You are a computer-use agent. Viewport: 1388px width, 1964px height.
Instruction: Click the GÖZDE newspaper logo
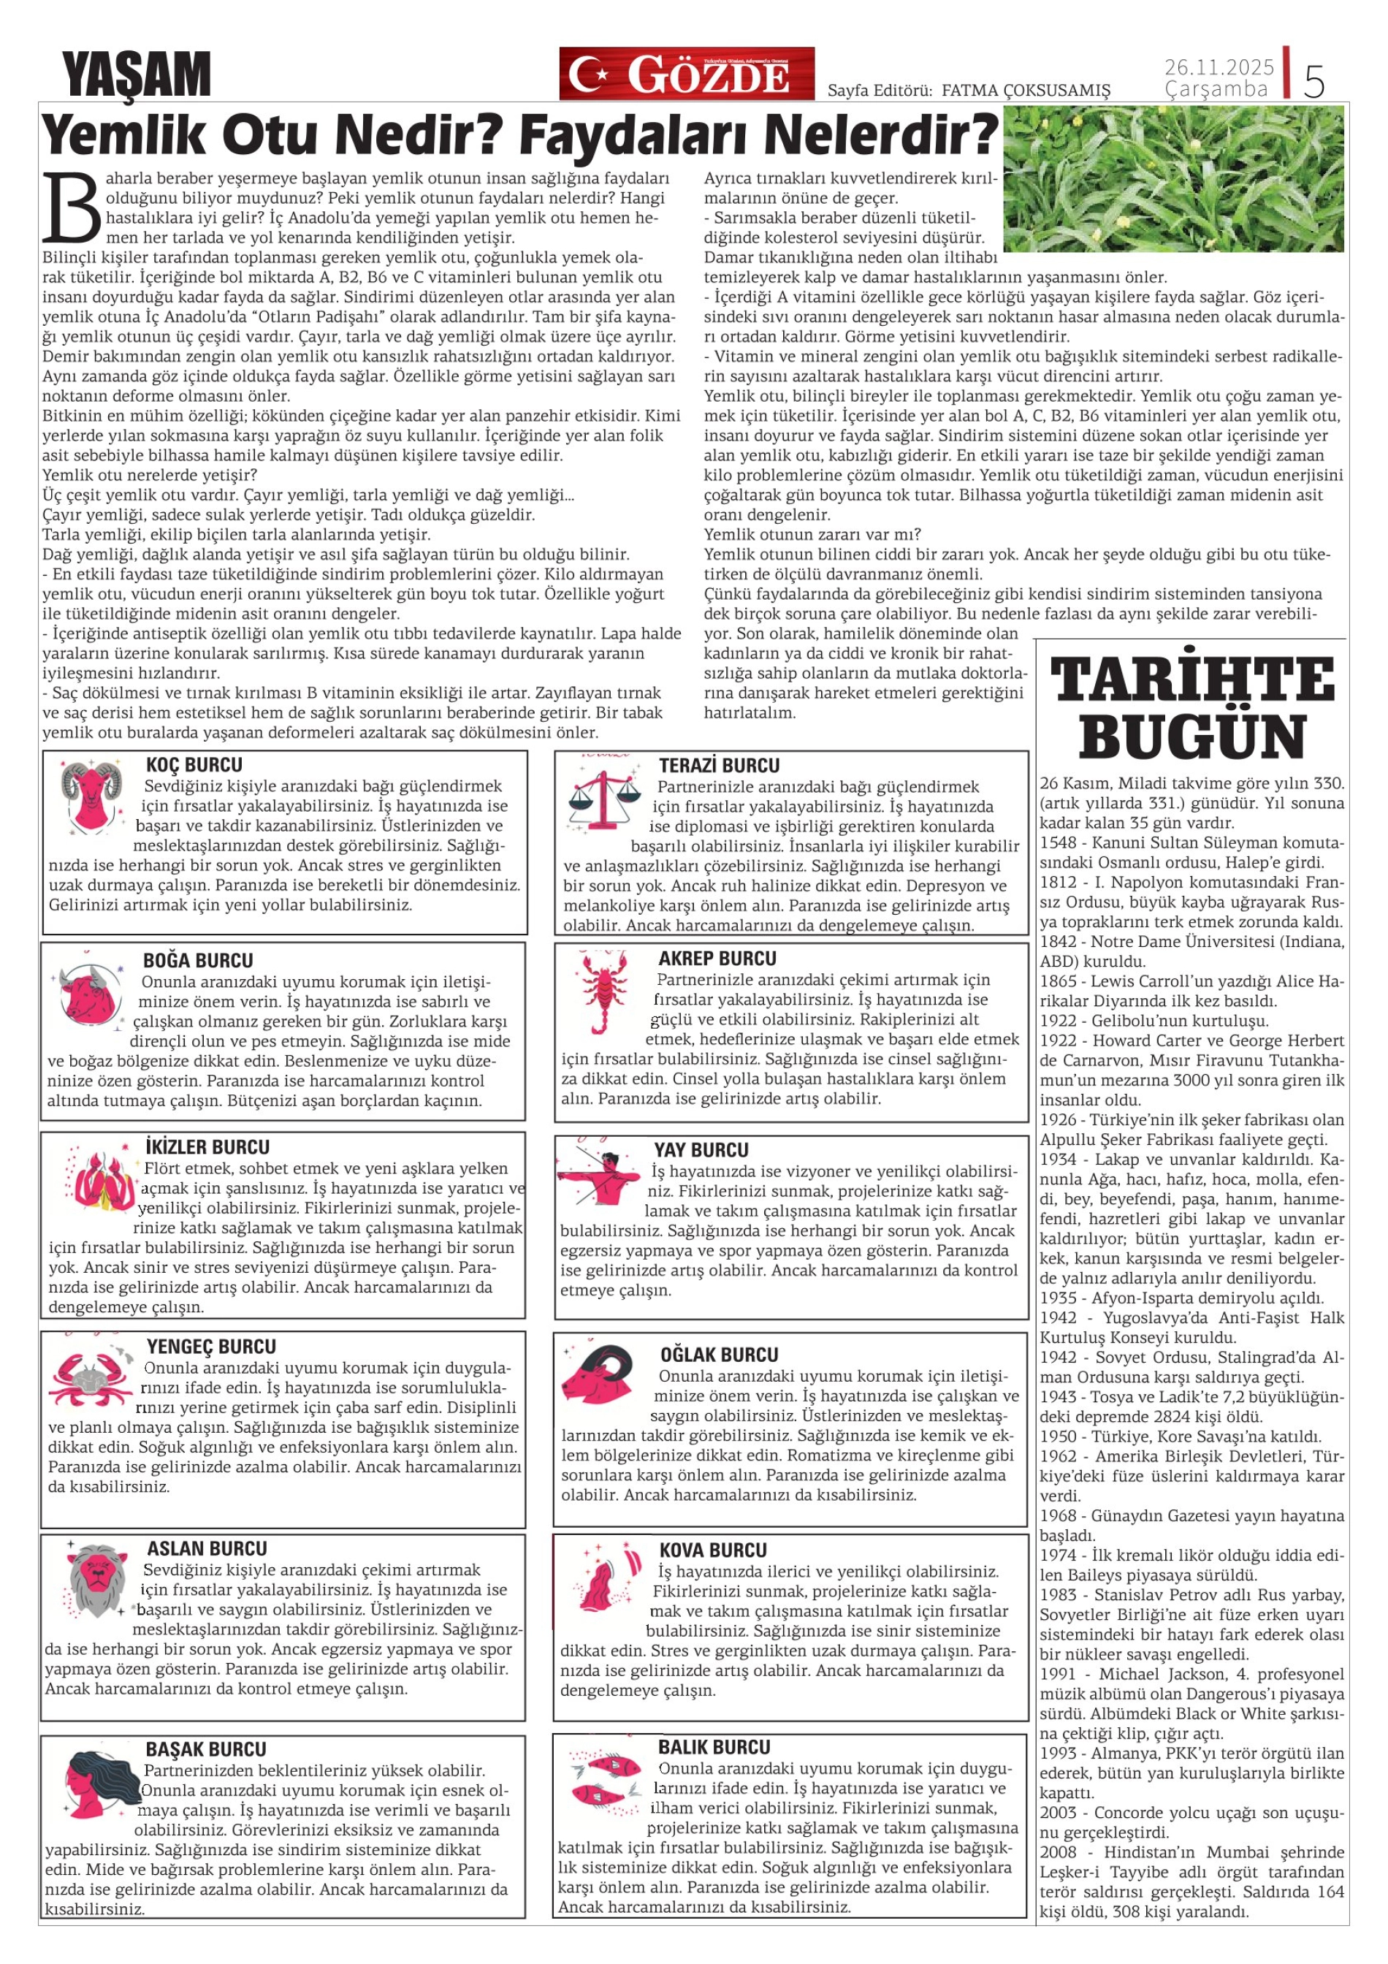(x=687, y=75)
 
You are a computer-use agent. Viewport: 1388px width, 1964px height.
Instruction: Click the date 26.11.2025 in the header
(x=1219, y=66)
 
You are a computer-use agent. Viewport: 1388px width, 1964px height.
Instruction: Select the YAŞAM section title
(x=137, y=75)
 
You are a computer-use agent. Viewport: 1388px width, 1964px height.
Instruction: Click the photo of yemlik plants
(x=1173, y=179)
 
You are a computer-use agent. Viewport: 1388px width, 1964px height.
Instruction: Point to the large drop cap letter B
(x=71, y=208)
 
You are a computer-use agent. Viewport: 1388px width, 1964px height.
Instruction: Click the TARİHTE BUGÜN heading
(x=1192, y=707)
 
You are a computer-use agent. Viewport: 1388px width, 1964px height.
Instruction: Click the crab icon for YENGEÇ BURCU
(x=91, y=1378)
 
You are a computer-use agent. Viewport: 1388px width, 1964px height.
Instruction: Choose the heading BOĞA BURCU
(x=197, y=961)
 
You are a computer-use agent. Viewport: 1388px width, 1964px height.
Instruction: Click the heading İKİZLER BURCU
(x=207, y=1147)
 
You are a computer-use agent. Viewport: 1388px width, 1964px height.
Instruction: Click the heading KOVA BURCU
(x=712, y=1550)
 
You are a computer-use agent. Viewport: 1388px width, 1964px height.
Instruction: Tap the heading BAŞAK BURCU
(x=205, y=1749)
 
